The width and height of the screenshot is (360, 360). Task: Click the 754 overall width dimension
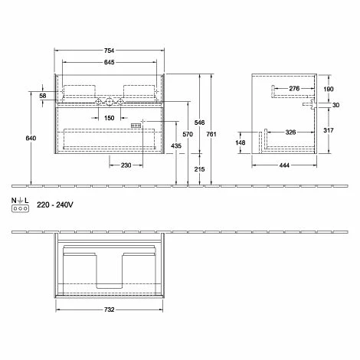pos(109,51)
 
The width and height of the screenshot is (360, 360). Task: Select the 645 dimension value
pos(109,62)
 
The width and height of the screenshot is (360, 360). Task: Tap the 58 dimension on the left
pos(43,96)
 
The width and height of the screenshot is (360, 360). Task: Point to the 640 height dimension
pos(31,138)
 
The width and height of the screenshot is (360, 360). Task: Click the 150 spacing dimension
pos(110,118)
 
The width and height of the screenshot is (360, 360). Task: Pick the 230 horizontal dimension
pos(126,165)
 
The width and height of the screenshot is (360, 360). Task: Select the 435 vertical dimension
pos(176,146)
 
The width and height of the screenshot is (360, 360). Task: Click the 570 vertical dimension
pos(188,134)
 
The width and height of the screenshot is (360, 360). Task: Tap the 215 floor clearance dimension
pos(199,169)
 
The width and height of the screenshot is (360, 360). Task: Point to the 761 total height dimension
pos(211,134)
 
